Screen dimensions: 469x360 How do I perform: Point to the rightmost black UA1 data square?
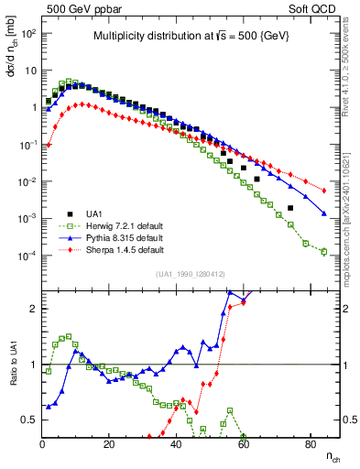(x=290, y=208)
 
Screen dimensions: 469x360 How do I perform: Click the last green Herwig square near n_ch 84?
(x=323, y=252)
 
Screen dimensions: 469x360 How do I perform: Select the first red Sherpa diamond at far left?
(x=49, y=145)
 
